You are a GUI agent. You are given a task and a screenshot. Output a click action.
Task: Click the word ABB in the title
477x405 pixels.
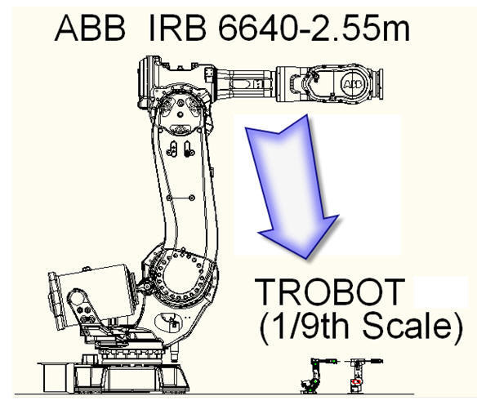coord(90,28)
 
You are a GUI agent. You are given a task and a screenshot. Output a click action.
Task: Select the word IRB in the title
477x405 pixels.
coord(177,28)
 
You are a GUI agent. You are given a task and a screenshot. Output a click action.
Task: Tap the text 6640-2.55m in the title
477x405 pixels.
coord(314,28)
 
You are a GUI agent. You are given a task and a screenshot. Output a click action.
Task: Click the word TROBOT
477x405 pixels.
coord(330,292)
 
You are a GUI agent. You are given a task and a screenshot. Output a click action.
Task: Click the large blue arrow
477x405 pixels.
coord(292,186)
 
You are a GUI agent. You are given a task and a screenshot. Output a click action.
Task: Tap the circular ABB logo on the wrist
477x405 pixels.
coord(353,83)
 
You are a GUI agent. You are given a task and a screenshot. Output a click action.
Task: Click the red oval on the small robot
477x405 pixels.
coord(357,381)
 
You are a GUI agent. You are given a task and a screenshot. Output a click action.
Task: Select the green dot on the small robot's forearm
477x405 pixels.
coord(334,361)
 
